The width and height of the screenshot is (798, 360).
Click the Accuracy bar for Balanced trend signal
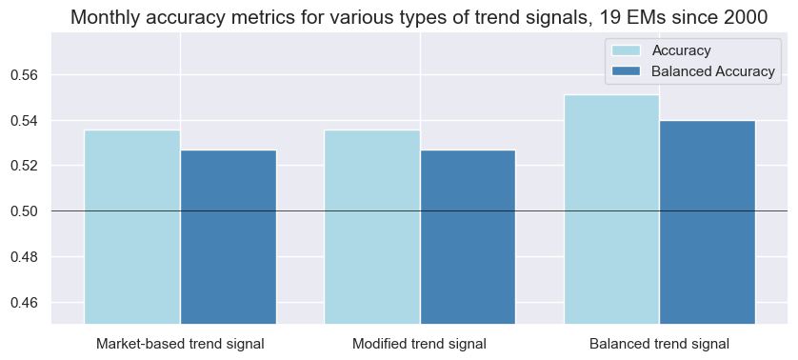611,210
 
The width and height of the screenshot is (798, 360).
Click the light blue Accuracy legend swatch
628,50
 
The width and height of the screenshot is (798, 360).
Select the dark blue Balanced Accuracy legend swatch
628,70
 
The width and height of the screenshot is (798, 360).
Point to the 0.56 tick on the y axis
29,75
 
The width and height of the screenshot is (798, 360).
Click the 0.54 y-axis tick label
29,121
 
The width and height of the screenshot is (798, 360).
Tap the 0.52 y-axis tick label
29,166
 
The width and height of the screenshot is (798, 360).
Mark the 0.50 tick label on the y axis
29,211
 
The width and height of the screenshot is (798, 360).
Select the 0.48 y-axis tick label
29,257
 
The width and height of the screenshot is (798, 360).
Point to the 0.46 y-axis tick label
29,303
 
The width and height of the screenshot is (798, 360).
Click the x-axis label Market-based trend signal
180,343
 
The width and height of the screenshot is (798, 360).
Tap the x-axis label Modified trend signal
419,343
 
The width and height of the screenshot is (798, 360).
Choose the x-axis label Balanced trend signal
659,343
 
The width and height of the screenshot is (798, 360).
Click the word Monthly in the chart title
106,17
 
